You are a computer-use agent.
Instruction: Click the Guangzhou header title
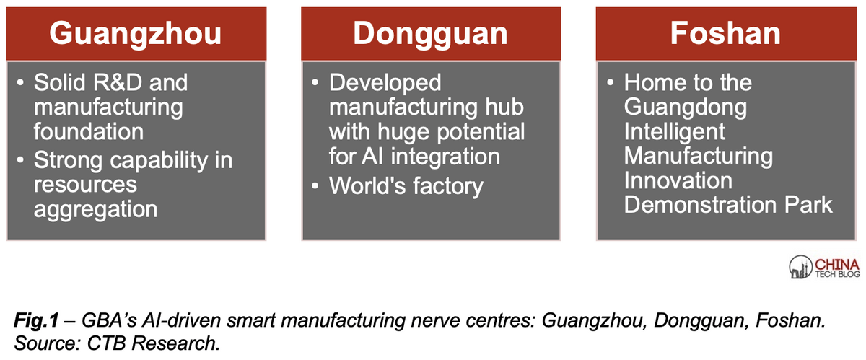pyautogui.click(x=136, y=35)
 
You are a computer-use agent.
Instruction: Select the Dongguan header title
pyautogui.click(x=430, y=35)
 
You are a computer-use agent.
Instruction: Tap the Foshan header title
pyautogui.click(x=725, y=33)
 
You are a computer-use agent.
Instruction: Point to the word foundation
pyautogui.click(x=89, y=131)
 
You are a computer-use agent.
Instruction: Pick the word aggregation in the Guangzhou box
pyautogui.click(x=95, y=210)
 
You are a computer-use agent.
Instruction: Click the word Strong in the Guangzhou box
pyautogui.click(x=68, y=160)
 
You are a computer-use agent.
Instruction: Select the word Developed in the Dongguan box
pyautogui.click(x=385, y=83)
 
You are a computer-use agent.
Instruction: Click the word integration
pyautogui.click(x=445, y=157)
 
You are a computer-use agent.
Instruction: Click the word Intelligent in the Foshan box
pyautogui.click(x=675, y=132)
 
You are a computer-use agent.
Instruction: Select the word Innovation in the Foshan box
pyautogui.click(x=678, y=180)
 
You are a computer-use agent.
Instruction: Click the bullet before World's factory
pyautogui.click(x=315, y=186)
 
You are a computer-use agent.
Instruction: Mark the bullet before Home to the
pyautogui.click(x=610, y=82)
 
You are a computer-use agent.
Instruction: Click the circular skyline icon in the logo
pyautogui.click(x=800, y=267)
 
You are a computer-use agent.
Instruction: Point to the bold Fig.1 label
pyautogui.click(x=36, y=320)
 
